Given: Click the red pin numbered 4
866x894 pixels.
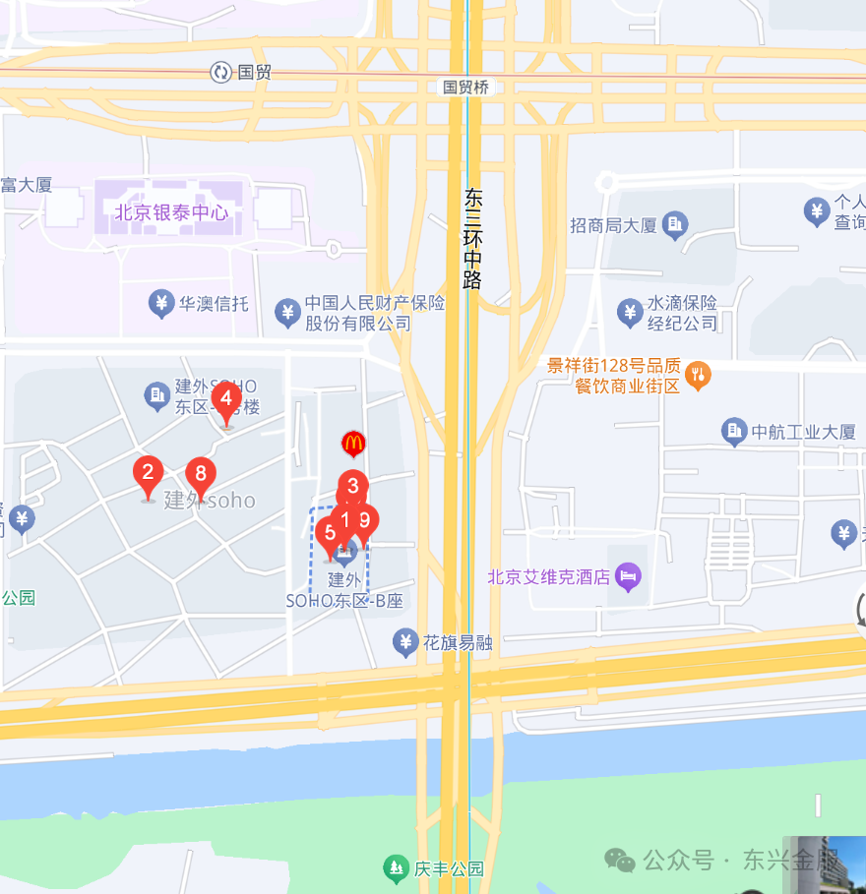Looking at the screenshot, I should click(226, 399).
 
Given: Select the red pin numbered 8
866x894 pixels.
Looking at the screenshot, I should click(201, 475).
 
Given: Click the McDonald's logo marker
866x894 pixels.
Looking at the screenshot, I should click(352, 444).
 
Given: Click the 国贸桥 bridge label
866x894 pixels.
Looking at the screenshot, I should click(465, 87).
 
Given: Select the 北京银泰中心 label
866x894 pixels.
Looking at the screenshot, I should click(171, 211).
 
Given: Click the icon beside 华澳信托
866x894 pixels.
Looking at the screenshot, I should click(161, 304).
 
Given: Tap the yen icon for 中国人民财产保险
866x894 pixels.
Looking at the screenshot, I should click(287, 313).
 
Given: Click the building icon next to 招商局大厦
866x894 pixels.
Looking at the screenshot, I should click(674, 225).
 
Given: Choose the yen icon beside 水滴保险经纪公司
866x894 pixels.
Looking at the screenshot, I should click(630, 313).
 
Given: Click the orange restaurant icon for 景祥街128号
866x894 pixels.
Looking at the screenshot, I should click(698, 374).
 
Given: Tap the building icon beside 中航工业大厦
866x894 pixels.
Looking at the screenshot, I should click(734, 431).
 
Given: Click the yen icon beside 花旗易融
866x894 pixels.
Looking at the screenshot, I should click(404, 643).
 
